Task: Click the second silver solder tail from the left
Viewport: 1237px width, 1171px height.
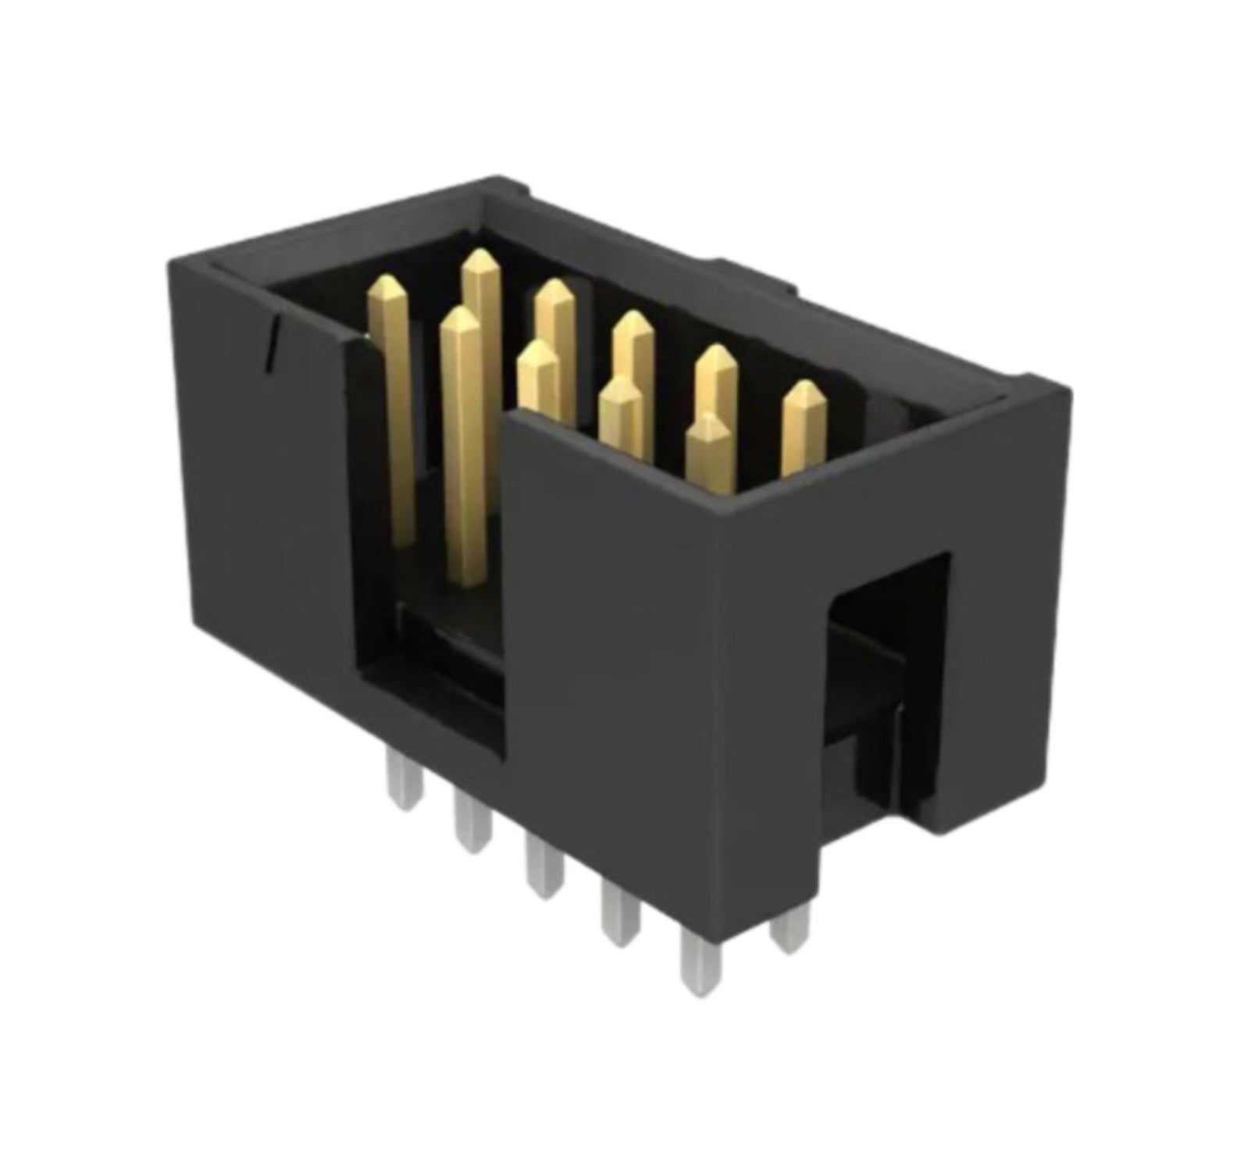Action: coord(471,828)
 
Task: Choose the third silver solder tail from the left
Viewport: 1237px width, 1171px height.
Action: coord(544,870)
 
